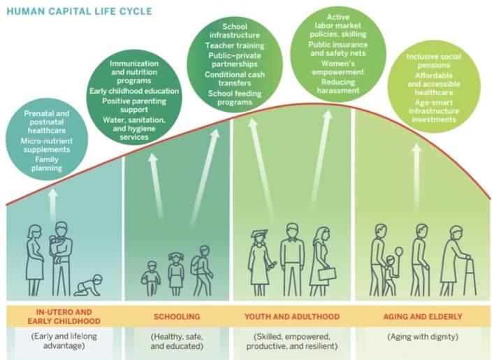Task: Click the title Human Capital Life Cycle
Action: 80,11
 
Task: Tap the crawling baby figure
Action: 88,285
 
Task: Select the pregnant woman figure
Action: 34,260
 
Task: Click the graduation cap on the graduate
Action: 259,233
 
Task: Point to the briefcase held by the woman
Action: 327,273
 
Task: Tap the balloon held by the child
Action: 398,252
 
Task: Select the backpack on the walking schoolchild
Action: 196,264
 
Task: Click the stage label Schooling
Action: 177,317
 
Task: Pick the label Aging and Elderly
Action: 423,317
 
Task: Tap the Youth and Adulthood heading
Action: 292,317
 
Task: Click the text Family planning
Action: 47,164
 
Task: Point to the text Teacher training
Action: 235,45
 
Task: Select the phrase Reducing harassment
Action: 338,86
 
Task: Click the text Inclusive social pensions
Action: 433,61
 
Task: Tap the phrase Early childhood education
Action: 134,91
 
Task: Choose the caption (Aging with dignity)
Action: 423,337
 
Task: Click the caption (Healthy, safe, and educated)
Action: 177,341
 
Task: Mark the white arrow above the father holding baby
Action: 53,205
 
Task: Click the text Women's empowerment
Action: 338,68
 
